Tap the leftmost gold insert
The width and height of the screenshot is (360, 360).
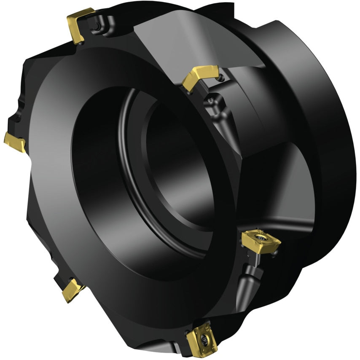[15, 142]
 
